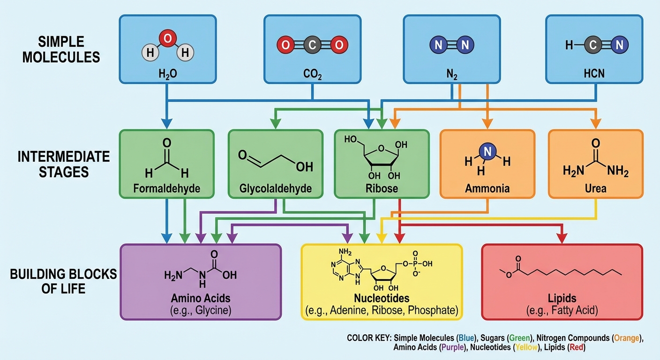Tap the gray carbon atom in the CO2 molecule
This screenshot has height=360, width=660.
[x=311, y=45]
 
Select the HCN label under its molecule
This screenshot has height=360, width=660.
[x=594, y=74]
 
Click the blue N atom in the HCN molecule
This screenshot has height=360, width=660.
[x=619, y=45]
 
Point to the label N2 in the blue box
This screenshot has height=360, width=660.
[x=452, y=74]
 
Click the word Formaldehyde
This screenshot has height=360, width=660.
[x=166, y=188]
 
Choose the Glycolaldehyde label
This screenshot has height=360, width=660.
[x=275, y=188]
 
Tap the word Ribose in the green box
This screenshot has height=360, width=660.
[x=382, y=188]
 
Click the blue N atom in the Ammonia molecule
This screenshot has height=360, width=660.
[x=487, y=151]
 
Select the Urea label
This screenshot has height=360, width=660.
[x=595, y=188]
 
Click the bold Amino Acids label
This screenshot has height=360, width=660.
[x=201, y=298]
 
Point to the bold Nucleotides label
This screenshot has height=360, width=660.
[x=381, y=298]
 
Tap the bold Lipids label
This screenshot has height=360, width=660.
[x=562, y=298]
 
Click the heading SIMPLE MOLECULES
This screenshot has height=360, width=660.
[x=61, y=49]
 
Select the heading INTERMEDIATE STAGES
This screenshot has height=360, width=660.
[x=64, y=164]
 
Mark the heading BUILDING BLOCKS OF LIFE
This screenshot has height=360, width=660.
[x=63, y=281]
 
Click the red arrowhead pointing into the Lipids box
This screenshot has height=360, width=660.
[x=562, y=238]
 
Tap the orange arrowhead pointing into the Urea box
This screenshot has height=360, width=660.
[x=596, y=123]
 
